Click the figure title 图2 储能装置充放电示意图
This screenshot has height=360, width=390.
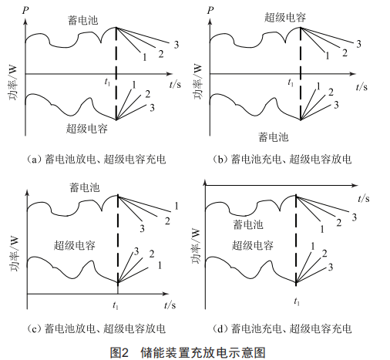point(188,352)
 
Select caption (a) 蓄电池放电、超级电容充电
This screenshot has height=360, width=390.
point(96,160)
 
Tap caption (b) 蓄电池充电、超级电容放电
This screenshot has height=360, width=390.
point(282,160)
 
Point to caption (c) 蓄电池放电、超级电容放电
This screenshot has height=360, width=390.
point(96,328)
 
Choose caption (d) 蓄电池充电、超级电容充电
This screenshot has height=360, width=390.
point(282,328)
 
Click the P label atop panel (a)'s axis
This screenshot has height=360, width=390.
point(25,11)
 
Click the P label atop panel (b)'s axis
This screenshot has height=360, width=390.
point(210,11)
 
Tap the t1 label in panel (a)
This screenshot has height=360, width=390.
point(107,82)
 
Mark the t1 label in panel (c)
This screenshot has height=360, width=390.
point(116,305)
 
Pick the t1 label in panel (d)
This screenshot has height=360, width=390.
point(297,301)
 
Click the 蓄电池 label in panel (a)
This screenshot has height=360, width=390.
point(82,20)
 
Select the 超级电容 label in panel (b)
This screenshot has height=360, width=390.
point(285,17)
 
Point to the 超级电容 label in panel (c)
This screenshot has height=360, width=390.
point(75,245)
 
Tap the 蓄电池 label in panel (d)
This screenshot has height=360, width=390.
point(248,224)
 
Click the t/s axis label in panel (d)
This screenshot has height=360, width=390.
point(364,198)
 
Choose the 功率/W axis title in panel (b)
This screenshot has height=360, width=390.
point(197,82)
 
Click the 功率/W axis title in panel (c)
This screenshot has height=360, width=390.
point(14,254)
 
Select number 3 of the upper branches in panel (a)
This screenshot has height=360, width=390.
point(177,45)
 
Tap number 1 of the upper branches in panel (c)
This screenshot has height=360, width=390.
point(177,206)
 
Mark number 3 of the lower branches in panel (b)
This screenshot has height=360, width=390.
point(336,105)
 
